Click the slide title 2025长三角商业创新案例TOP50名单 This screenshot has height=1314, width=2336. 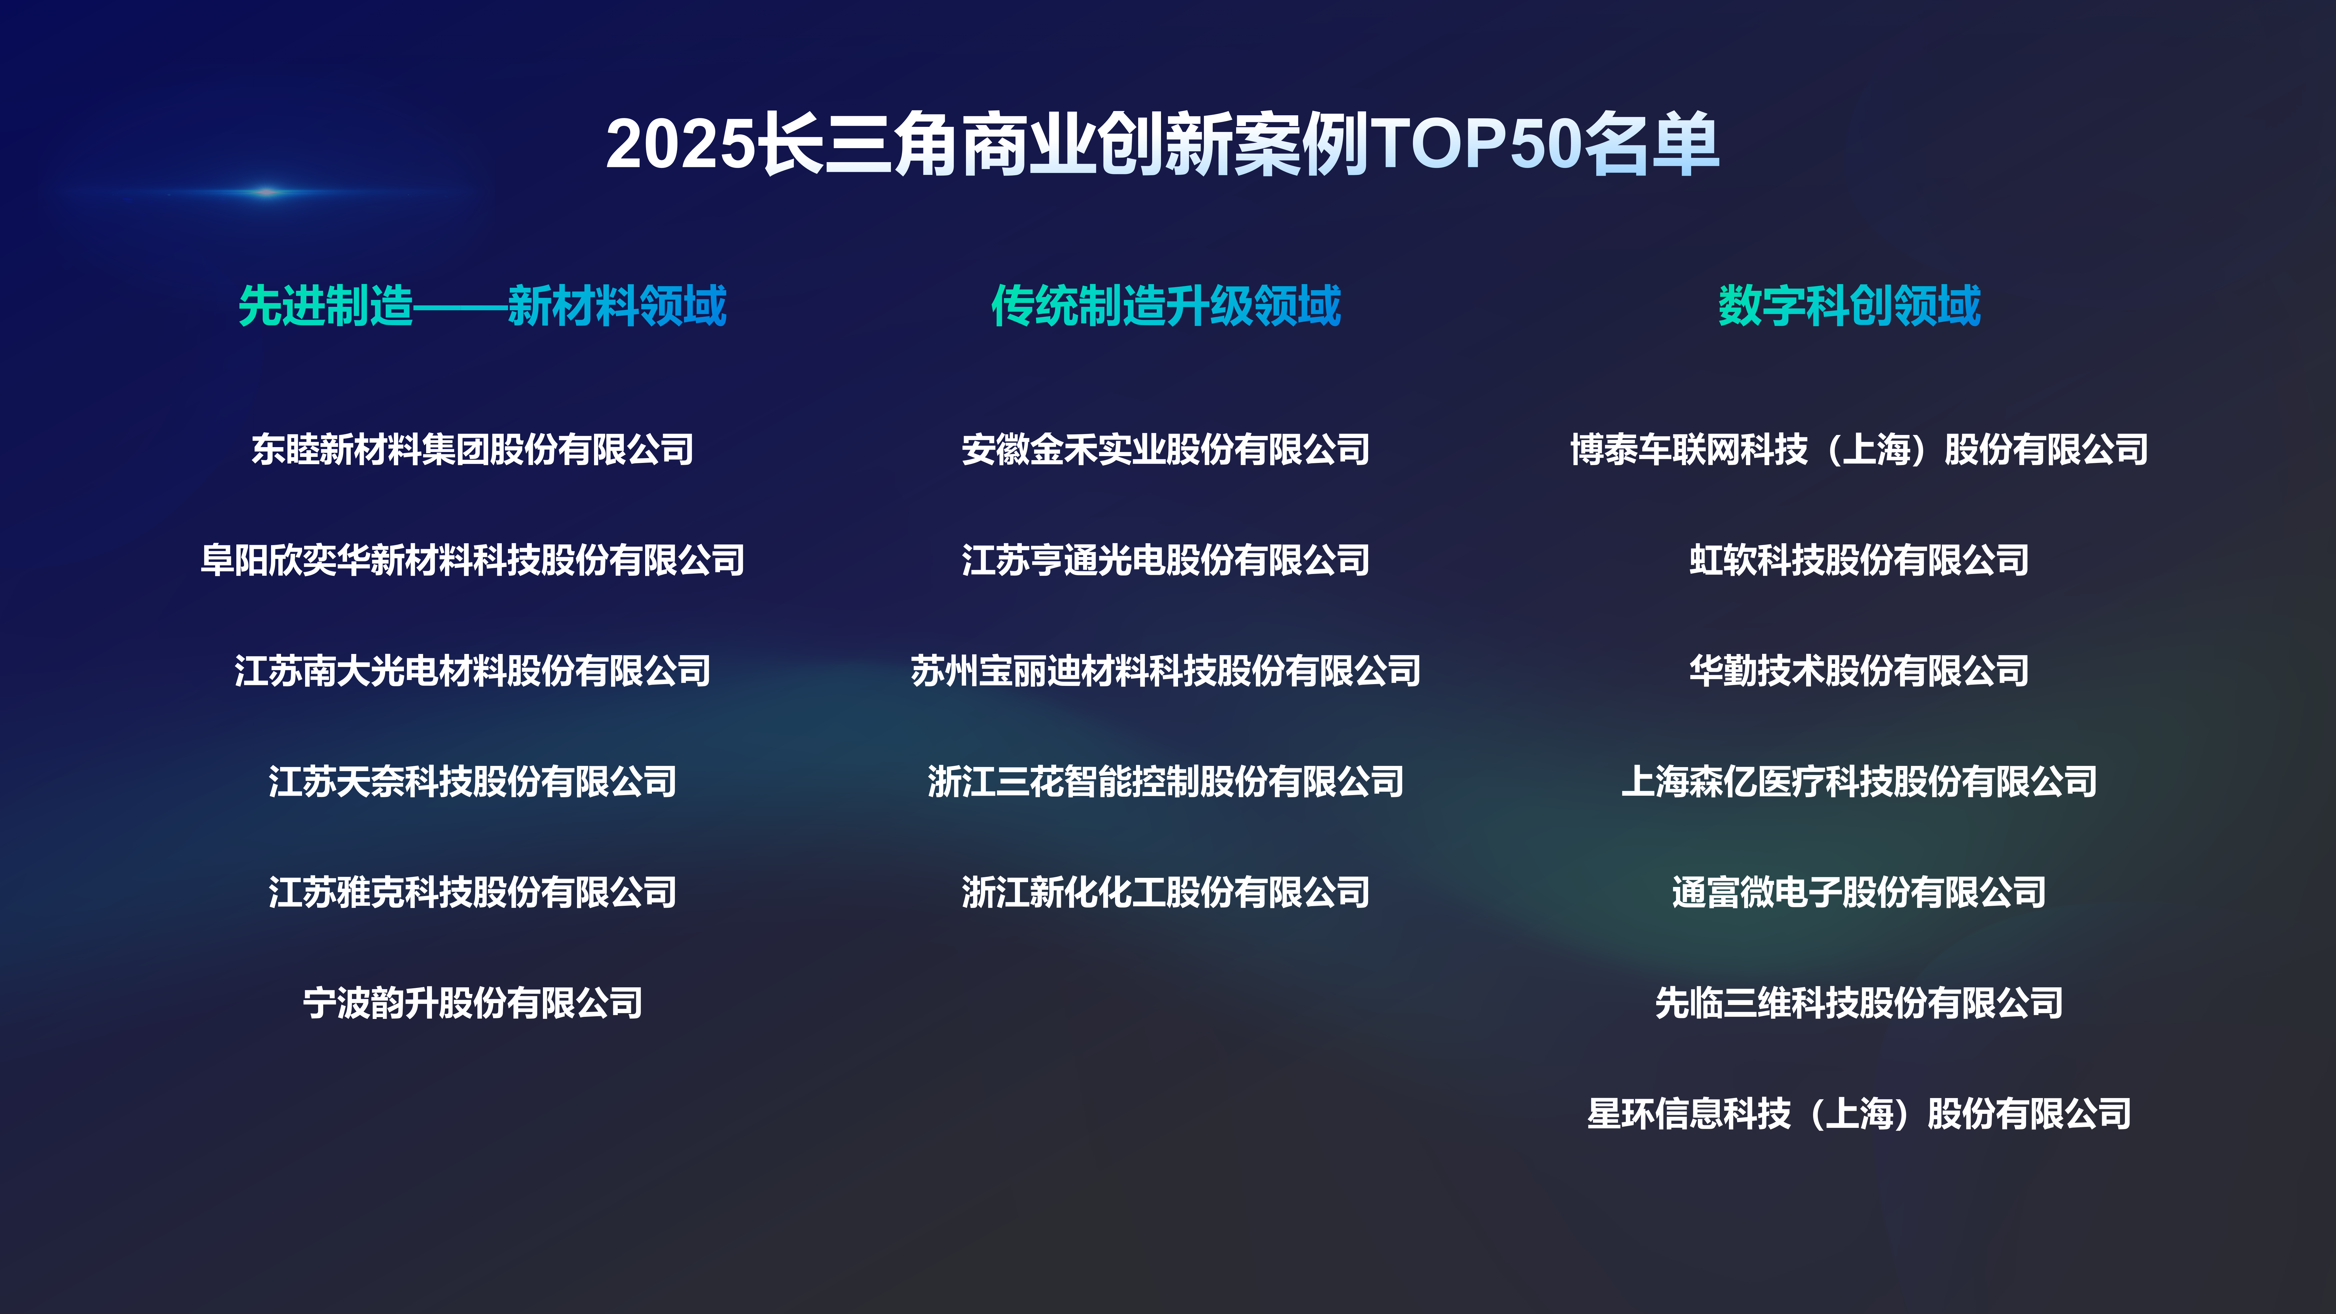1163,143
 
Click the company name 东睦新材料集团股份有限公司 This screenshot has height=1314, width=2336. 472,449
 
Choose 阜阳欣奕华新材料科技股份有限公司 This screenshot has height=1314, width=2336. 472,560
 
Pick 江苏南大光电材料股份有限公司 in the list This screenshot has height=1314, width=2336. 472,670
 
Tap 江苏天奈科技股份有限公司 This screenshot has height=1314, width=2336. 472,781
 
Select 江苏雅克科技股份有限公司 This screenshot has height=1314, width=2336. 472,892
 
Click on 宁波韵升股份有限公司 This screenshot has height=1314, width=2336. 472,1002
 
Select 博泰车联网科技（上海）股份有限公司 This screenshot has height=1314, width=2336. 1859,449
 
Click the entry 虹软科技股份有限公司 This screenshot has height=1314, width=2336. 1859,560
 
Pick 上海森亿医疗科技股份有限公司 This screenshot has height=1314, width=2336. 1859,781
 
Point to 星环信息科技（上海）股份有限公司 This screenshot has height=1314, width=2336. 1859,1113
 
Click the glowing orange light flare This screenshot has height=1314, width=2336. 267,191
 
